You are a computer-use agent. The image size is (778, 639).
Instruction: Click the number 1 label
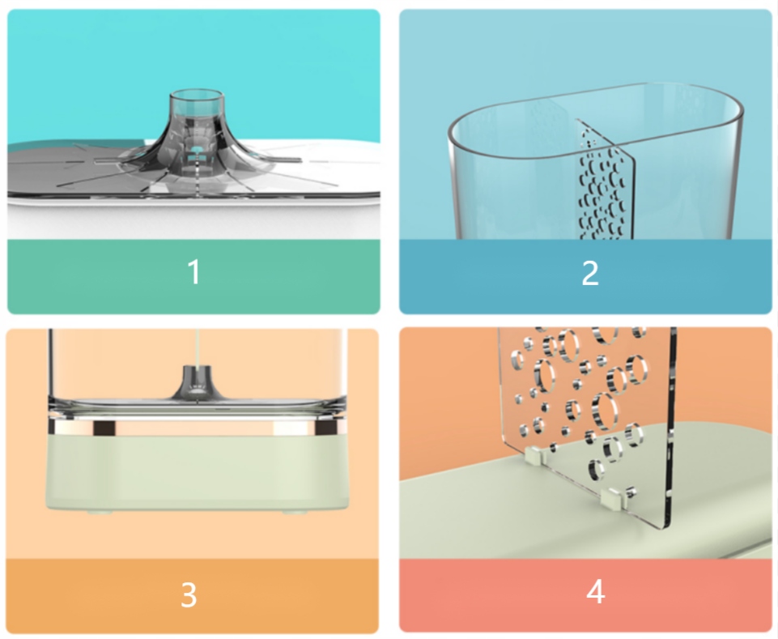tap(194, 272)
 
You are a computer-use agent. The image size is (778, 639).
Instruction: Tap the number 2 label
tap(590, 273)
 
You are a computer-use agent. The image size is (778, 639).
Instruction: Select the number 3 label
tap(189, 594)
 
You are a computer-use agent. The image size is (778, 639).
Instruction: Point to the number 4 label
tap(595, 591)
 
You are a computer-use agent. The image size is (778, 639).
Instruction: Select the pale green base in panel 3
tap(197, 471)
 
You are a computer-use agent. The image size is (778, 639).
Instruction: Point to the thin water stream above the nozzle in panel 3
tap(198, 348)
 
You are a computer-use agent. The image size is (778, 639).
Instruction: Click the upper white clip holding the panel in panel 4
tap(534, 455)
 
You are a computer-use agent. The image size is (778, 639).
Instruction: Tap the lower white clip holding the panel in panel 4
tap(613, 498)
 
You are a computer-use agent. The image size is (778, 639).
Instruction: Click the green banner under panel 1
tap(193, 276)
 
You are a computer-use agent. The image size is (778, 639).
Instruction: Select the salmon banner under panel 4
tap(585, 595)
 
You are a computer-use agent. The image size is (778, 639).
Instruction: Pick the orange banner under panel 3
tap(192, 596)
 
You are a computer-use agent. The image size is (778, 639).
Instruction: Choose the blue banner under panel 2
tap(585, 276)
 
